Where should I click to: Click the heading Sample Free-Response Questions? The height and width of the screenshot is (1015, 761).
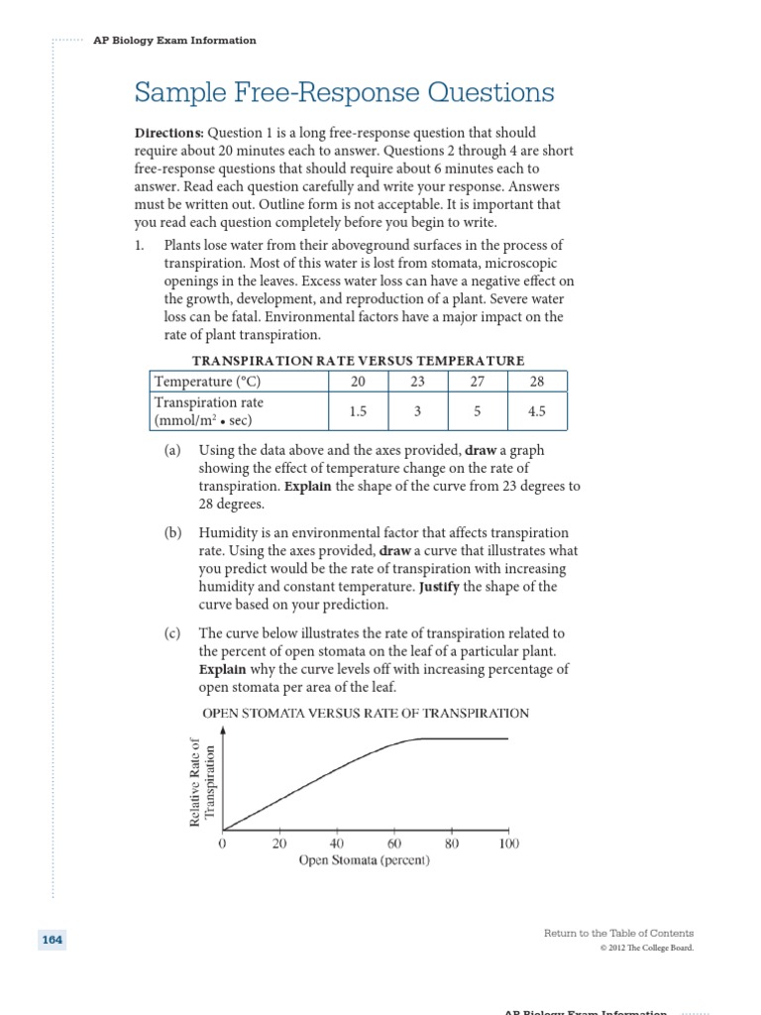344,94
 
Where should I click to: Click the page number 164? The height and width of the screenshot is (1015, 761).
53,940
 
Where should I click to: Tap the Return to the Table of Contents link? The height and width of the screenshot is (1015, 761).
618,933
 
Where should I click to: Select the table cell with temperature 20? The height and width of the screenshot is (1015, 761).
357,382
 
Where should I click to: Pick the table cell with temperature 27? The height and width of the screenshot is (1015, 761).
477,382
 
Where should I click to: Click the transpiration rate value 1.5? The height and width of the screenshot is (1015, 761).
357,411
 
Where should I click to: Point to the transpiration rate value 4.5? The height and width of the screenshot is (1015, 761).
537,411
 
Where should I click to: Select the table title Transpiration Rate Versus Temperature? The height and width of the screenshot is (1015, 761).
358,361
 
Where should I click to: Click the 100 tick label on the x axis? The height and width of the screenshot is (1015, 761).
508,844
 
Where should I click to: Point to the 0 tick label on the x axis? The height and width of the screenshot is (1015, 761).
222,844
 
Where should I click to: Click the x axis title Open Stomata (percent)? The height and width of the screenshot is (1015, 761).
365,860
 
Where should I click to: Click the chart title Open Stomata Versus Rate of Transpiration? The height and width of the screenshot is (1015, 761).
366,713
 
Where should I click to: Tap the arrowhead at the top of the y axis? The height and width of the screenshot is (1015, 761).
223,728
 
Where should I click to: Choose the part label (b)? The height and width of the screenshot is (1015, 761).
173,532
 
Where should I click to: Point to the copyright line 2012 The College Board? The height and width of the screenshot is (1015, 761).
646,948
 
